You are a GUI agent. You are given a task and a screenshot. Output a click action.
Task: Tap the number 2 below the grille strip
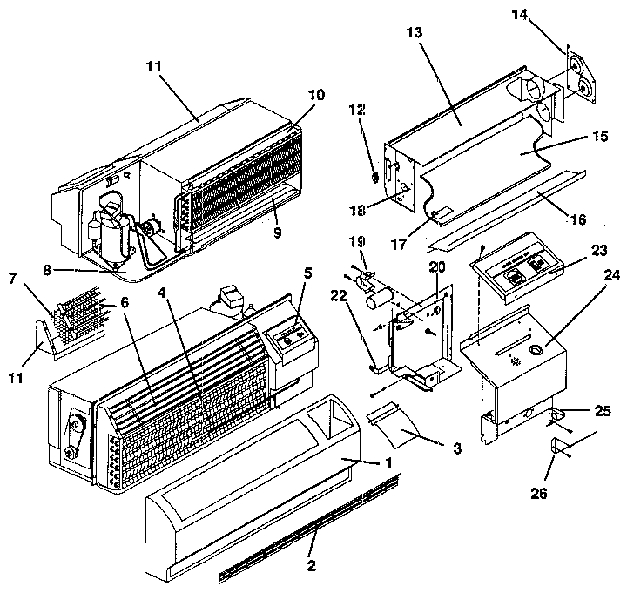click(x=311, y=563)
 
